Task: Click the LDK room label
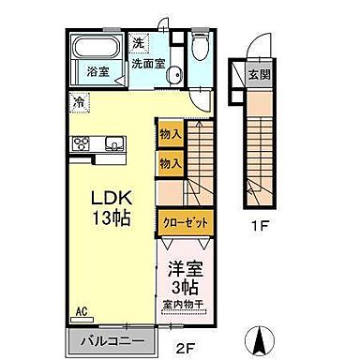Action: tap(110, 199)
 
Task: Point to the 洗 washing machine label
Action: tap(138, 43)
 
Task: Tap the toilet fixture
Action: tap(199, 51)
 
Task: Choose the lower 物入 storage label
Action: tap(171, 163)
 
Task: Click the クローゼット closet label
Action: tap(184, 222)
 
